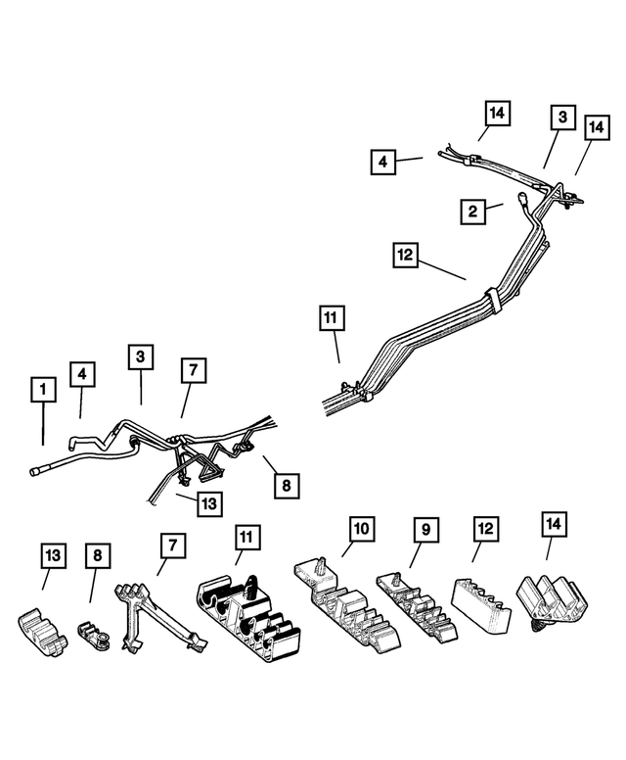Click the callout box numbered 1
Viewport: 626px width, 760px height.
click(43, 392)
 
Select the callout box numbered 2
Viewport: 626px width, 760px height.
click(473, 211)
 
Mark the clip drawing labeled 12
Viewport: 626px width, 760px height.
click(481, 600)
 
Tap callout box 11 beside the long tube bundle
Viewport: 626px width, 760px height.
click(333, 318)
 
